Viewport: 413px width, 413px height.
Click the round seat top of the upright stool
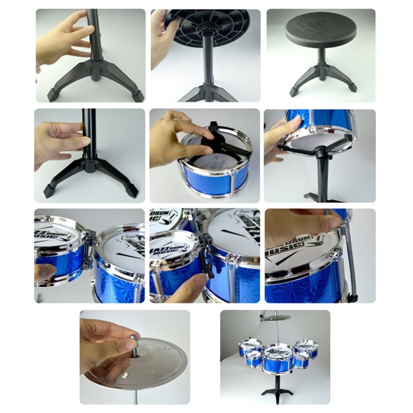pos(321,29)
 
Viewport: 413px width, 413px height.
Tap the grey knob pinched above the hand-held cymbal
pos(135,342)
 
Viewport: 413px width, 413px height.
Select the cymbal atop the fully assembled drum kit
pos(276,318)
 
